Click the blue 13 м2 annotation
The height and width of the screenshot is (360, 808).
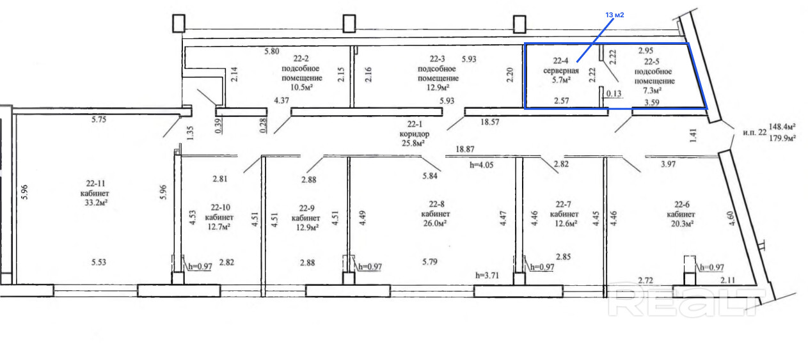click(x=614, y=15)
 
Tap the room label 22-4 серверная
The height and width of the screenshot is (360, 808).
click(x=561, y=66)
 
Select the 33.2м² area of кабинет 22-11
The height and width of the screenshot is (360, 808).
click(x=97, y=203)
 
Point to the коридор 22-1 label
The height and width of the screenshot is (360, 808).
click(x=415, y=129)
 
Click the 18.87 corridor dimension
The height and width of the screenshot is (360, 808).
click(x=465, y=149)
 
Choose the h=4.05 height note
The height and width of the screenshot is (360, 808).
click(x=481, y=165)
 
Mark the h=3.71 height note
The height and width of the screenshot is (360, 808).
click(x=487, y=276)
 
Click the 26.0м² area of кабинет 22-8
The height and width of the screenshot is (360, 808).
click(x=435, y=223)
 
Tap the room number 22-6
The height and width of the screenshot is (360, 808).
click(x=682, y=205)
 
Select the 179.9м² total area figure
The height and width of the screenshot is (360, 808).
click(x=782, y=138)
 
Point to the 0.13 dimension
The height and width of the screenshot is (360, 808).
click(x=614, y=94)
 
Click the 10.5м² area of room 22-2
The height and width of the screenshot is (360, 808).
click(x=301, y=87)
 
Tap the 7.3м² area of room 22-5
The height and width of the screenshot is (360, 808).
click(x=652, y=90)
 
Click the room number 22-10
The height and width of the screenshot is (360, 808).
click(x=221, y=208)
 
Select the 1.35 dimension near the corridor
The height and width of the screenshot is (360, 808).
click(x=191, y=133)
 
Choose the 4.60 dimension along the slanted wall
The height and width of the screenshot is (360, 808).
click(x=731, y=219)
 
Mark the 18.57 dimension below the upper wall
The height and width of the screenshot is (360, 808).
click(x=490, y=122)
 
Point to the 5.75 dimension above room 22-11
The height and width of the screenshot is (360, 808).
click(x=99, y=120)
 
